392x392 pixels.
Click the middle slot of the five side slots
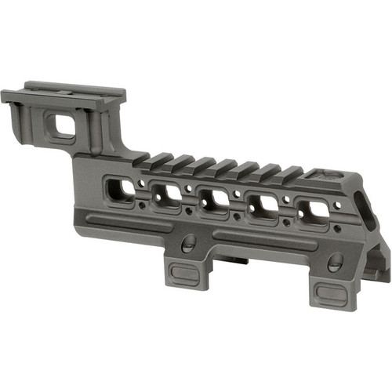click(x=212, y=201)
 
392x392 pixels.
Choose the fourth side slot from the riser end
click(x=263, y=206)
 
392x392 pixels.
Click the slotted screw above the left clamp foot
click(x=189, y=245)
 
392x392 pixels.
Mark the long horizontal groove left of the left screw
click(x=125, y=223)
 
